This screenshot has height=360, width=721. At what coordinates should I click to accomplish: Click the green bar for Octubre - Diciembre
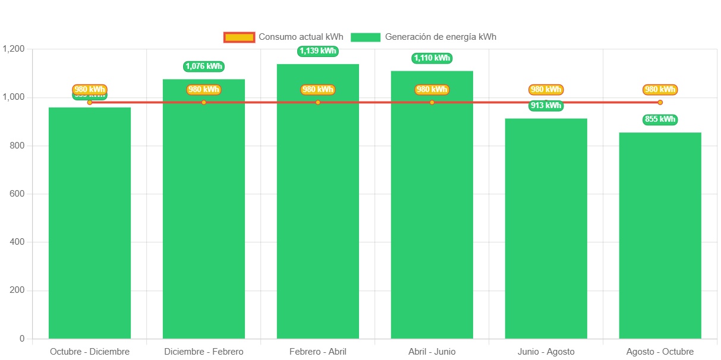(x=90, y=223)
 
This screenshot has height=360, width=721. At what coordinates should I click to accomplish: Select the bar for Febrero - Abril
(x=318, y=202)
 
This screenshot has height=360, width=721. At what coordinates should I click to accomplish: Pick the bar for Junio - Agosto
(x=546, y=229)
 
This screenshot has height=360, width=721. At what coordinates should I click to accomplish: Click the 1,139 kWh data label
(x=318, y=51)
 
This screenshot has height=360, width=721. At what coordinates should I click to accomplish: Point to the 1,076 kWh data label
(x=204, y=67)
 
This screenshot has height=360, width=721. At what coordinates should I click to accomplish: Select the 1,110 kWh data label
(x=432, y=58)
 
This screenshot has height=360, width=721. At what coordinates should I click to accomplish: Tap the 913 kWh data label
(x=546, y=106)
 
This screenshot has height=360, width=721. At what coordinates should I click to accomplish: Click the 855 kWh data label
(x=660, y=119)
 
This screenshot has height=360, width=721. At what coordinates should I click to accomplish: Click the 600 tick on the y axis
(x=17, y=194)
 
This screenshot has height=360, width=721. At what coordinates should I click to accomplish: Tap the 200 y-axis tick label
(x=17, y=290)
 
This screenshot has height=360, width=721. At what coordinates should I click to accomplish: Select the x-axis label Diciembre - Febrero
(x=204, y=352)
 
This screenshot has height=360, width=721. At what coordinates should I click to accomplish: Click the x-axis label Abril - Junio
(x=432, y=352)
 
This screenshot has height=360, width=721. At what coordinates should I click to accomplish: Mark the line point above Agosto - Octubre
(x=660, y=103)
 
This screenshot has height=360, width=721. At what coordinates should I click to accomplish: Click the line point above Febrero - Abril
(x=318, y=103)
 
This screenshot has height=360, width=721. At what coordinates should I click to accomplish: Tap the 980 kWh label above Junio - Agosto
(x=546, y=90)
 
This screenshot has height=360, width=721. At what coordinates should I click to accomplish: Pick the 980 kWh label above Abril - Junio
(x=432, y=90)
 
